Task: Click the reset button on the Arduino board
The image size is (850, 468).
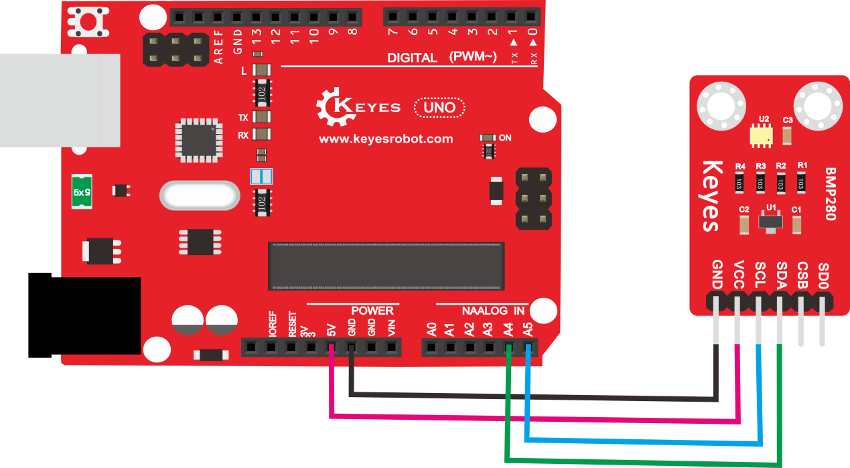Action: click(x=88, y=21)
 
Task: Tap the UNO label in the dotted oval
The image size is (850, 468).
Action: click(x=439, y=108)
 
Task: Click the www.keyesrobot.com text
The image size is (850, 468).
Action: click(x=386, y=139)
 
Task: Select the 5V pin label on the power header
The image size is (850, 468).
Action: click(x=332, y=330)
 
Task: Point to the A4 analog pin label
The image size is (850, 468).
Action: click(x=508, y=329)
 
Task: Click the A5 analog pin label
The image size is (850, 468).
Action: click(x=528, y=329)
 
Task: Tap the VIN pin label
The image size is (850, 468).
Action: click(x=392, y=328)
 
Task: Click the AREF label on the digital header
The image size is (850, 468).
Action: click(x=218, y=47)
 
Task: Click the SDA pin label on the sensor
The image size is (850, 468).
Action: click(x=782, y=276)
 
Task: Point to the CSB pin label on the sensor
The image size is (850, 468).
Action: click(x=802, y=275)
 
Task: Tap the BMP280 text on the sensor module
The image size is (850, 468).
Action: click(x=831, y=193)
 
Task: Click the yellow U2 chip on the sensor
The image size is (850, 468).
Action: click(x=761, y=136)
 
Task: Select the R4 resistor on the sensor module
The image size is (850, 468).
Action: click(x=739, y=183)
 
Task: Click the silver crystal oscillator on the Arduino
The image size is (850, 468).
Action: click(x=200, y=196)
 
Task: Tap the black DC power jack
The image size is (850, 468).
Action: click(x=84, y=315)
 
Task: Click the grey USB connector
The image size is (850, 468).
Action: click(x=60, y=100)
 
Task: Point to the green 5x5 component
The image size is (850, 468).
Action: click(x=82, y=192)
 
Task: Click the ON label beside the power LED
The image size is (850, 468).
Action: click(x=504, y=138)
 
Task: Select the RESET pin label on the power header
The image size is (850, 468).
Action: click(x=292, y=324)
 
